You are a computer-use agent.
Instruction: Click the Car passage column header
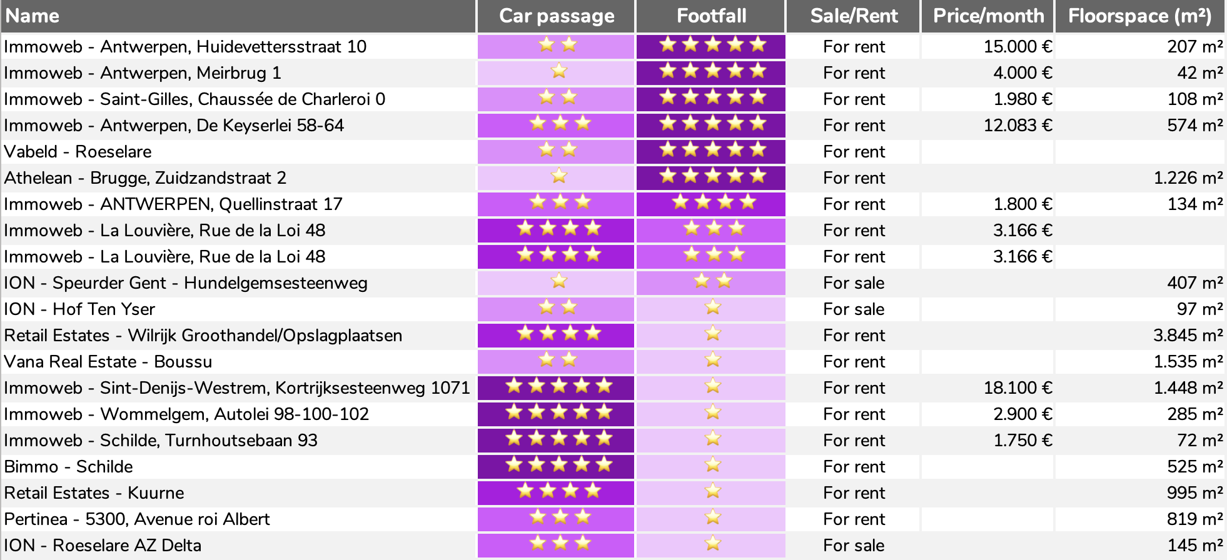[556, 16]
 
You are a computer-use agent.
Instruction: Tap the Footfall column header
[711, 16]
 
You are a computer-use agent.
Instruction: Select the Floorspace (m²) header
[1139, 16]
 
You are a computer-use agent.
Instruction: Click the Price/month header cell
[988, 16]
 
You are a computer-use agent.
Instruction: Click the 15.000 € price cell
[1017, 47]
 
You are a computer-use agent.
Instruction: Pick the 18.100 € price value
[1017, 388]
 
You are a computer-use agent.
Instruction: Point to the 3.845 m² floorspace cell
[1188, 336]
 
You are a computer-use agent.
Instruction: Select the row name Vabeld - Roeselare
[78, 152]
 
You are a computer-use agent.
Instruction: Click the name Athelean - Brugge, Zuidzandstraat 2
[145, 178]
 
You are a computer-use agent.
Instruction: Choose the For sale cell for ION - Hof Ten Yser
[854, 309]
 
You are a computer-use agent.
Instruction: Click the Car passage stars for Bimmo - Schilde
[558, 465]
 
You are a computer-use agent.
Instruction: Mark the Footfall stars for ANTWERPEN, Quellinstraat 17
[714, 202]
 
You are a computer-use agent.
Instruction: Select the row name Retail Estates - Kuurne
[94, 493]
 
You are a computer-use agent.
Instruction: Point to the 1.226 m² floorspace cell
[1188, 178]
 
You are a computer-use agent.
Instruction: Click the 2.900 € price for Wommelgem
[1022, 414]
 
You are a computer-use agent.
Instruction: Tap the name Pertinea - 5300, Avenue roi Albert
[137, 519]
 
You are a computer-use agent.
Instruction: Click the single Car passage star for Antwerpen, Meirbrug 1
[558, 71]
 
